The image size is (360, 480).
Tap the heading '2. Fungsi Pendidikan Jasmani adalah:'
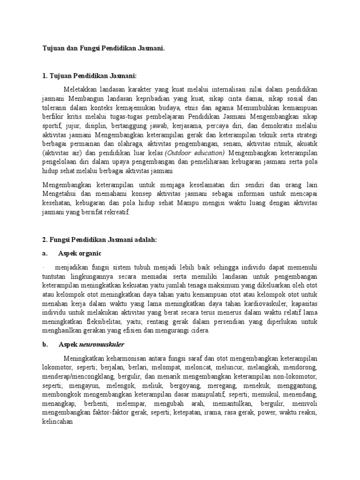tap(99, 240)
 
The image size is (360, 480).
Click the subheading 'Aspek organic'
tap(80, 253)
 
